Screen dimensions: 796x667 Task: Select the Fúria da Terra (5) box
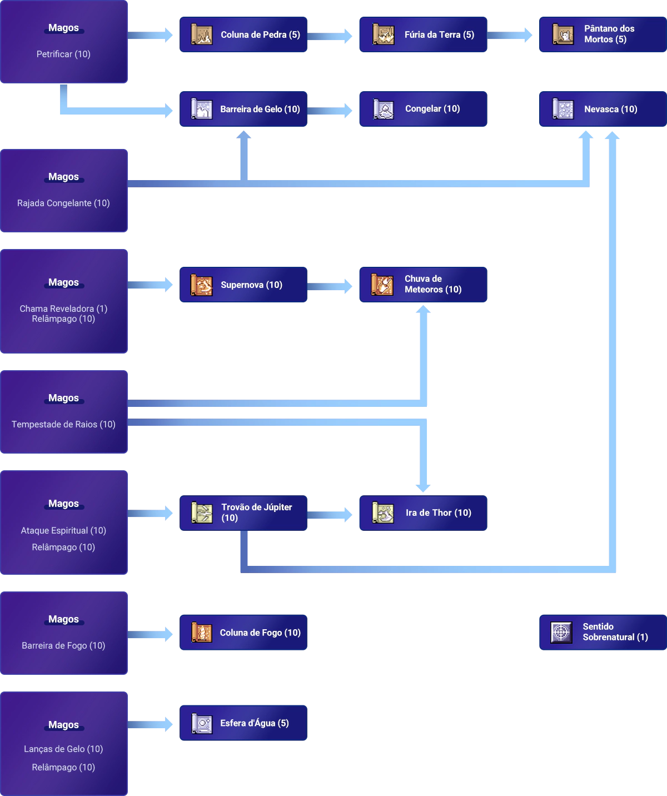(422, 34)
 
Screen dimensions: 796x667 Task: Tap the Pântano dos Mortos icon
(563, 34)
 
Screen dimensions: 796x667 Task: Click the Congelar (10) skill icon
(383, 109)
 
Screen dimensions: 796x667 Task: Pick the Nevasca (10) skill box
(603, 109)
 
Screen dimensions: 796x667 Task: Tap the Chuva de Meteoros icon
(382, 285)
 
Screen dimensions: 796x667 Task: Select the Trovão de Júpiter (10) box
(243, 513)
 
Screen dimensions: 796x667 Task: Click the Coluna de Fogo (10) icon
(202, 633)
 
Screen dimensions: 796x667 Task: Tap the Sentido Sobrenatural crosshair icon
(561, 632)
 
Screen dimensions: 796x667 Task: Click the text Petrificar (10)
(63, 54)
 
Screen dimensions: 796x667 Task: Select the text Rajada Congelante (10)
(63, 203)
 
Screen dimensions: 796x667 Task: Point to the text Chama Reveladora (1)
(63, 309)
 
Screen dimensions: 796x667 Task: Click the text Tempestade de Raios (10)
(63, 424)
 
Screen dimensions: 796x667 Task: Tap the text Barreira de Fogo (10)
(63, 645)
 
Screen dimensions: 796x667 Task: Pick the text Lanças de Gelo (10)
(63, 749)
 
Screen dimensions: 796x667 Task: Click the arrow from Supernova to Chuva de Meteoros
(331, 286)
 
